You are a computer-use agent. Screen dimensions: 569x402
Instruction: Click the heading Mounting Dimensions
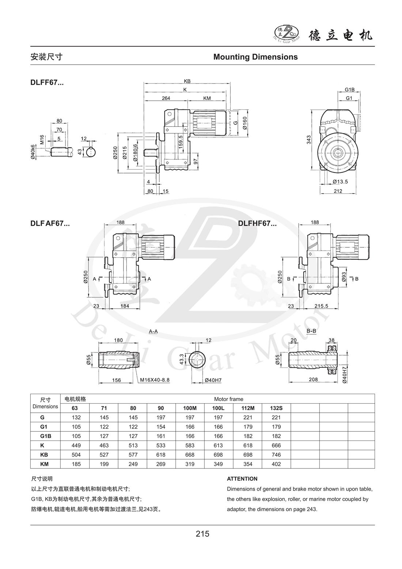pyautogui.click(x=255, y=57)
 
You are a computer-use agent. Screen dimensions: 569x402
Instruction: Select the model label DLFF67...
pyautogui.click(x=47, y=83)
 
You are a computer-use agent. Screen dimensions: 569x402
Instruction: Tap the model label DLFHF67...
pyautogui.click(x=257, y=224)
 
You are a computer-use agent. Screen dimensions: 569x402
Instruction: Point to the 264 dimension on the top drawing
pyautogui.click(x=166, y=98)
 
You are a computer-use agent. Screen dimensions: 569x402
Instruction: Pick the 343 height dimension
pyautogui.click(x=309, y=140)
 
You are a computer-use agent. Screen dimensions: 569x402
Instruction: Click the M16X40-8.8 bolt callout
pyautogui.click(x=155, y=380)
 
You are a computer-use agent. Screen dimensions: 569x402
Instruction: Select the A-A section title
pyautogui.click(x=153, y=331)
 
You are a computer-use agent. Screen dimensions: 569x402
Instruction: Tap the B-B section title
pyautogui.click(x=311, y=331)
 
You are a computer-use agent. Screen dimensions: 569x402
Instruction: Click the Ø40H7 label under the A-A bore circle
pyautogui.click(x=213, y=380)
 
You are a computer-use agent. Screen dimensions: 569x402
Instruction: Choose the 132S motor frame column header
pyautogui.click(x=276, y=408)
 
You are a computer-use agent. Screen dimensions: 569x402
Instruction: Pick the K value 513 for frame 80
pyautogui.click(x=132, y=445)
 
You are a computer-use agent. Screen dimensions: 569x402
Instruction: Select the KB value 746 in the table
pyautogui.click(x=276, y=455)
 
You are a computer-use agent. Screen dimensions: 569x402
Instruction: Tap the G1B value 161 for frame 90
pyautogui.click(x=161, y=436)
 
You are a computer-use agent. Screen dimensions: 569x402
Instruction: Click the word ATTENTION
pyautogui.click(x=242, y=479)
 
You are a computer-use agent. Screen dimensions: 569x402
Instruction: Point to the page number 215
pyautogui.click(x=202, y=534)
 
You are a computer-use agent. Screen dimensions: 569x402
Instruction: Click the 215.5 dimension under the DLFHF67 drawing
pyautogui.click(x=321, y=306)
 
